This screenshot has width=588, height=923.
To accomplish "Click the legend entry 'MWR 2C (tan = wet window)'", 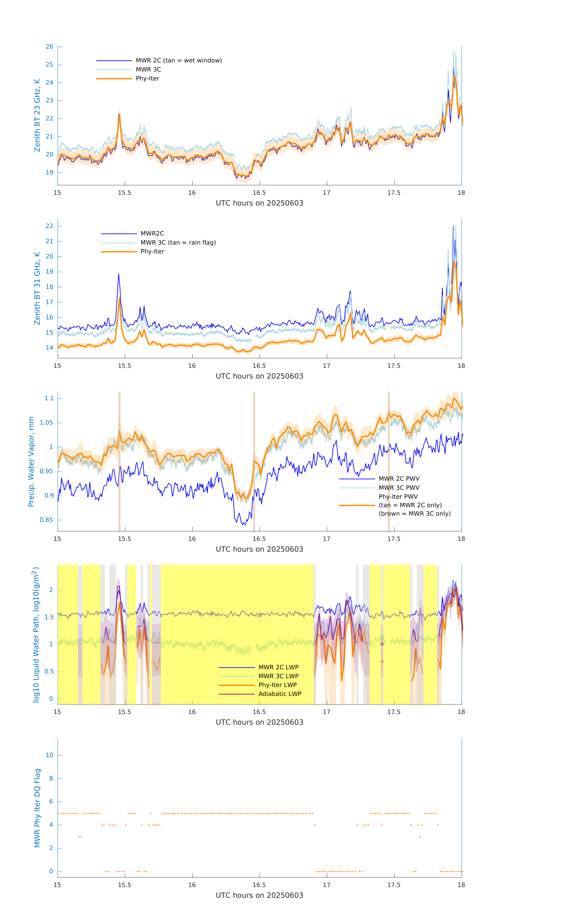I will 178,61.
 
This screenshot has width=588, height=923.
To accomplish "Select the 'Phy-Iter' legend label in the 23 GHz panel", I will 147,79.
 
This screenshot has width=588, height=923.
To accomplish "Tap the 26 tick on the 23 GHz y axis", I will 49,47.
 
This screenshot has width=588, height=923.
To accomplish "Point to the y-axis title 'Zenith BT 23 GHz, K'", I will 37,115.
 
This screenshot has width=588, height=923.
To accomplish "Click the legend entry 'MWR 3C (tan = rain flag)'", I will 178,243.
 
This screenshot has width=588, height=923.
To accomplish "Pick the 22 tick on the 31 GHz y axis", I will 49,226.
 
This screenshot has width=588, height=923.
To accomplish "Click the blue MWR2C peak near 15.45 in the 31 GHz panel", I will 119,274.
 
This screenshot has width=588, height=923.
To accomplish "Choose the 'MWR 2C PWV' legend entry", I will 399,479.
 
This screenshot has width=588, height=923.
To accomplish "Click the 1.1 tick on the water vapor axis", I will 49,399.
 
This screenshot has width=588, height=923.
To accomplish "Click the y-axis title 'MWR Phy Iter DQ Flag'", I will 37,808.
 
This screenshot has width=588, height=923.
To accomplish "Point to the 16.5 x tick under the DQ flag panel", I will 259,885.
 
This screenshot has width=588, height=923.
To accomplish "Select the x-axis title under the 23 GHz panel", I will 259,203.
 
